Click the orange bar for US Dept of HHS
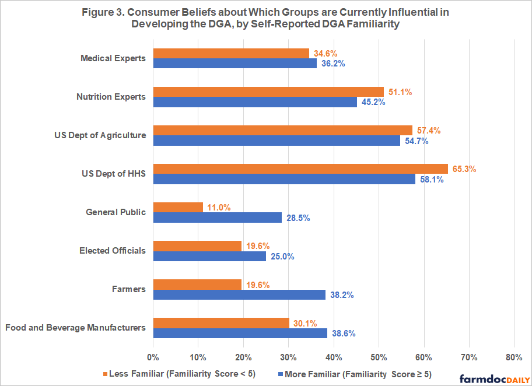click(x=300, y=169)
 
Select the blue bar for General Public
click(x=217, y=217)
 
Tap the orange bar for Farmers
click(x=197, y=284)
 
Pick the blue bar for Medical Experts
click(x=235, y=63)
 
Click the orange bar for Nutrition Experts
click(x=268, y=92)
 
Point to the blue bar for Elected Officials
click(x=209, y=256)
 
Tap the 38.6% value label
click(x=344, y=334)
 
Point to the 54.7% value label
click(x=416, y=141)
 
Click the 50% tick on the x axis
click(x=379, y=357)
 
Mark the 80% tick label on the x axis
click(x=514, y=357)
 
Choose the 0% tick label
click(x=153, y=357)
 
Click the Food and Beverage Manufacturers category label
click(x=75, y=328)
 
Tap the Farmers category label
click(x=129, y=289)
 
